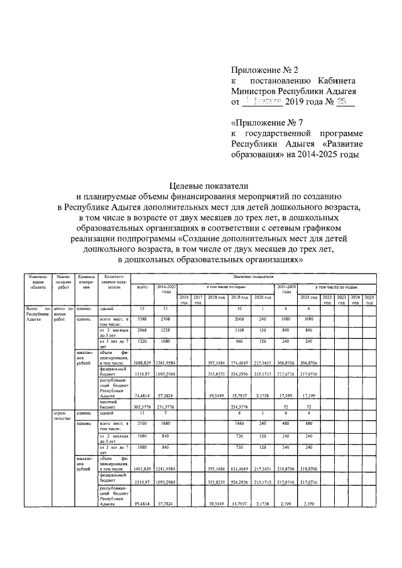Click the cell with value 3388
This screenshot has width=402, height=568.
pos(143,319)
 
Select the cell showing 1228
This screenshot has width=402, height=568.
pos(166,330)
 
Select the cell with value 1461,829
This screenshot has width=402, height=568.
pos(143,468)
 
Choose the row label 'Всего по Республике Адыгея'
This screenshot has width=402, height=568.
pos(37,314)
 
